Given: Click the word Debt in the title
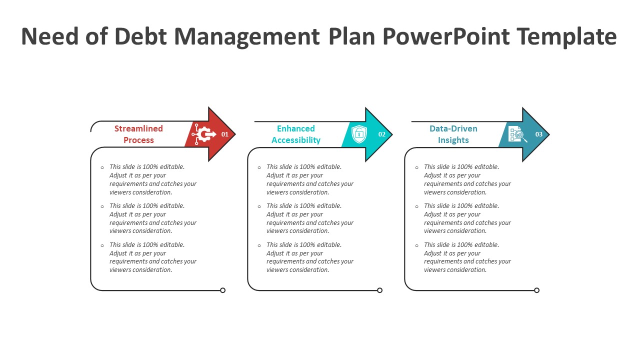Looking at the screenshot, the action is (x=141, y=36).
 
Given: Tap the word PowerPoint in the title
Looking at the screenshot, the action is (x=446, y=36).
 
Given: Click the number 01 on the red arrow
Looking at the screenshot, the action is (x=225, y=134).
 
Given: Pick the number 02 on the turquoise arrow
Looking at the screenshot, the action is (x=381, y=134).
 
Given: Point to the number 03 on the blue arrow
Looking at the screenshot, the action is (x=539, y=134).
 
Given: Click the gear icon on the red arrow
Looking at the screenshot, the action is (x=204, y=134).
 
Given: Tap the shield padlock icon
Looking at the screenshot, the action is (x=359, y=134).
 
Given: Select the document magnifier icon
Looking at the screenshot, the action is (x=517, y=134).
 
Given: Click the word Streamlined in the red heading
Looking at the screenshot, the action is (x=138, y=128).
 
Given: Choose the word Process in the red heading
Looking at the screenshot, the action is (x=138, y=140).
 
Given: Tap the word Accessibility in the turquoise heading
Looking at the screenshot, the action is (x=296, y=140).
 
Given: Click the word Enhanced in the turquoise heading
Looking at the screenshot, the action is (x=296, y=128).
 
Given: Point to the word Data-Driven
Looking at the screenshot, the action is (x=453, y=128).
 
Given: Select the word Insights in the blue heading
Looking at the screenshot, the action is (x=453, y=140).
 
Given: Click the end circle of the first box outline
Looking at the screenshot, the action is (x=223, y=290).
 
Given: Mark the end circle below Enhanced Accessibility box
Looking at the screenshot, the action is (x=379, y=290).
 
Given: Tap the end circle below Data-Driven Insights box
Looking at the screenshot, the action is (x=537, y=290).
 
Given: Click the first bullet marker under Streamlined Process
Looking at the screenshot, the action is (x=102, y=167).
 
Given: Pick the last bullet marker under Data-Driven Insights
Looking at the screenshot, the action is (x=417, y=245).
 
